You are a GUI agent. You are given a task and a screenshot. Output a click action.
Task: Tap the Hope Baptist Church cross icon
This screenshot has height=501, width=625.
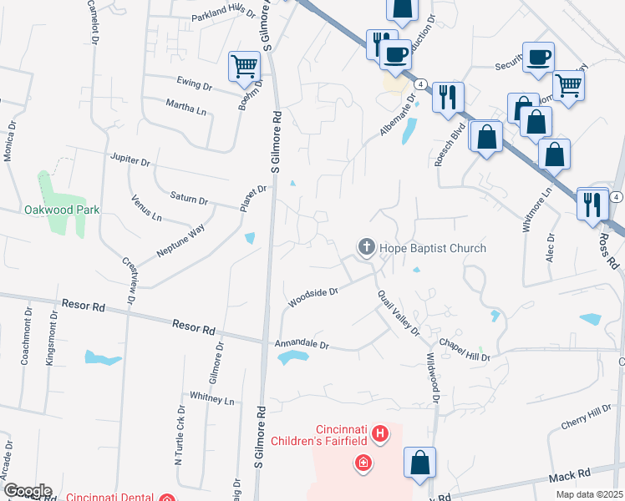pos(366,247)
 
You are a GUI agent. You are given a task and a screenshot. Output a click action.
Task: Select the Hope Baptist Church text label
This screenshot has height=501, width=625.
pos(433,248)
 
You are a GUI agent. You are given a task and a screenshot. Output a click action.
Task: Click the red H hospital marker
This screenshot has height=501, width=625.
pos(380,433)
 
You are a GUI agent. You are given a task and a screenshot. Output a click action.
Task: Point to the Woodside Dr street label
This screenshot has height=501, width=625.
pos(313,297)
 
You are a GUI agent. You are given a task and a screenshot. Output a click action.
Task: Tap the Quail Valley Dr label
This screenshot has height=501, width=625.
pos(398,313)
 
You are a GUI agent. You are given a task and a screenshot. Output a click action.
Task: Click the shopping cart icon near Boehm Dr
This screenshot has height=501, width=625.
pos(243,66)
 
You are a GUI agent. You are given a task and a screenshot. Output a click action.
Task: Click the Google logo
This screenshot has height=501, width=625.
pos(27,491)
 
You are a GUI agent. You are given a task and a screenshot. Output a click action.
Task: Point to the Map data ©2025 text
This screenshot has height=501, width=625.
pos(591,494)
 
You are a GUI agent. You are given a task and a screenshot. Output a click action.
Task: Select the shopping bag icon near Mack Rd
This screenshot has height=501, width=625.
pos(419,463)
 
